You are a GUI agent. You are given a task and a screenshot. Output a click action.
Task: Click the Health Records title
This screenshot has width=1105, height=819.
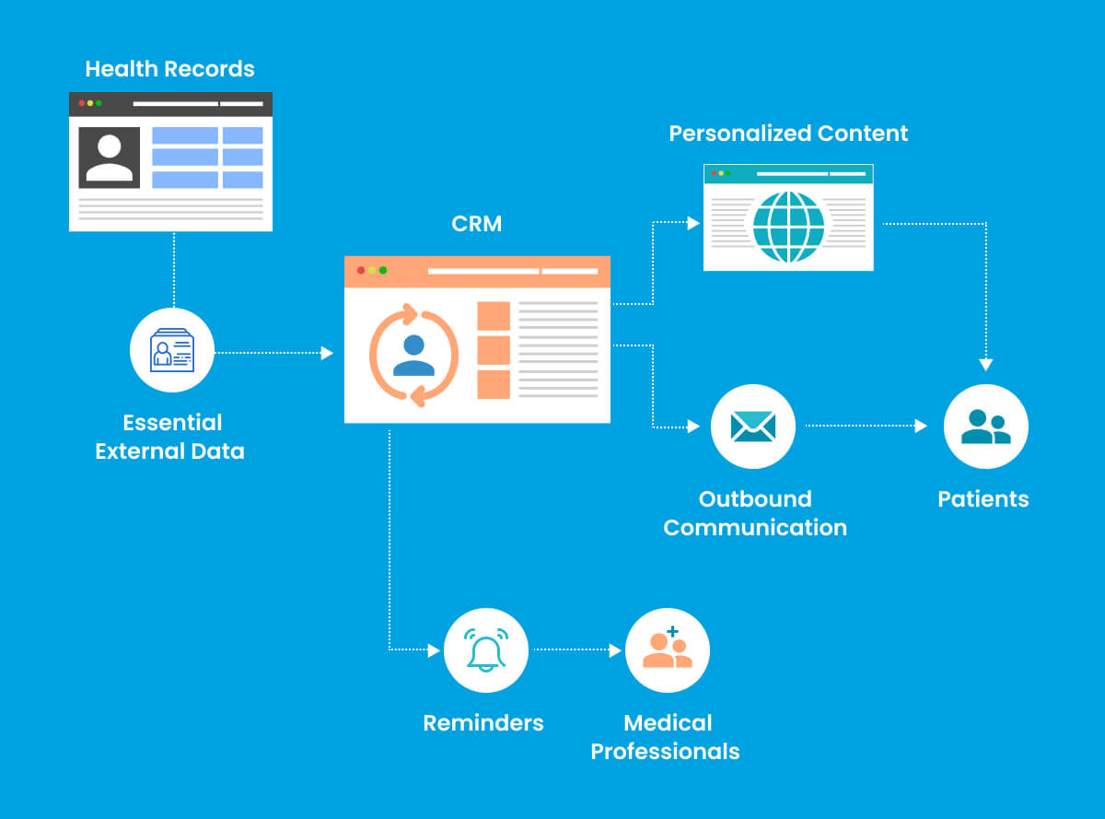coord(169,69)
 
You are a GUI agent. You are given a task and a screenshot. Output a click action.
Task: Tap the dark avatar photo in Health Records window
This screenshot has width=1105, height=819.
coord(110,158)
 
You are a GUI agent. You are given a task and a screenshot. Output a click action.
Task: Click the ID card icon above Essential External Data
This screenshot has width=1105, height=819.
coord(172,350)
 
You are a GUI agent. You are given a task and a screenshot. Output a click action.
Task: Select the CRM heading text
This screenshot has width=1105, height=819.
coord(477,224)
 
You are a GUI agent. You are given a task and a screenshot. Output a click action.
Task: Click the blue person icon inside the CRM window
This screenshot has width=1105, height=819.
coord(413,356)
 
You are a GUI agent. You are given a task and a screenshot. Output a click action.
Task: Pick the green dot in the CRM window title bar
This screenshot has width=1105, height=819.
coord(383,270)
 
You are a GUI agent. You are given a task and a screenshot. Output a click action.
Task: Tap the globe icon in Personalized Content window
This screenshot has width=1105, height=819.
coord(788,227)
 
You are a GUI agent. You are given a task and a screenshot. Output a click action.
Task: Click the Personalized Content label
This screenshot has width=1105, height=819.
coord(788,134)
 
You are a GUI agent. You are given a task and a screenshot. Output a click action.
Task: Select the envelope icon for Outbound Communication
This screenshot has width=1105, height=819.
coord(752,426)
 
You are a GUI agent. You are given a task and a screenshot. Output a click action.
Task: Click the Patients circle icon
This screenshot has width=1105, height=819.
coord(985,427)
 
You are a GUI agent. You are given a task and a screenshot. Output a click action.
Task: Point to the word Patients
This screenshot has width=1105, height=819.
coord(983,499)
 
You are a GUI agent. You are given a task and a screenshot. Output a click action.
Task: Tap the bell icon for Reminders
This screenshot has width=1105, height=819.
coord(486,650)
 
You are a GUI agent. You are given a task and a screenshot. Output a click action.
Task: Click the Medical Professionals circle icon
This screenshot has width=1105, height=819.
coord(668,650)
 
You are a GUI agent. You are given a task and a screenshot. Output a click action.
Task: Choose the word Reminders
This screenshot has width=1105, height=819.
coord(483,723)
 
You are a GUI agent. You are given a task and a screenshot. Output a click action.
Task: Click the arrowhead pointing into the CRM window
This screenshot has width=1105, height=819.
coord(327,353)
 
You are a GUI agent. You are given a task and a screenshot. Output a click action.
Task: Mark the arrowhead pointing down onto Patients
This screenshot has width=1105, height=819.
coord(985,365)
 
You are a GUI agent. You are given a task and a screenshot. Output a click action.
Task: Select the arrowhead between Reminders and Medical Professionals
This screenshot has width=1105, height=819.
coord(616,650)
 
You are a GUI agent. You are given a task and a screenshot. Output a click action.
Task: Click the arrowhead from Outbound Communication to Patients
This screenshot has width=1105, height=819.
coord(921,427)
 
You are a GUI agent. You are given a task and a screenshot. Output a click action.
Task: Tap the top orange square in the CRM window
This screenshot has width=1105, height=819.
coord(494,316)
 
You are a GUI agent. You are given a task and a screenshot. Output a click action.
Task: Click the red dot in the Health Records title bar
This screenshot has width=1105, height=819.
coord(81,103)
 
